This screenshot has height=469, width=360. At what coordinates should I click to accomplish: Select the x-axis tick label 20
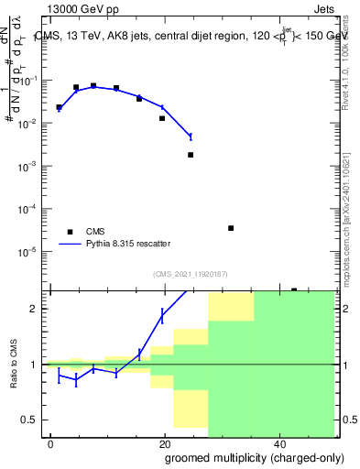click(x=164, y=444)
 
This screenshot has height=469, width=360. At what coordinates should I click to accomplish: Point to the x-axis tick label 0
click(x=51, y=444)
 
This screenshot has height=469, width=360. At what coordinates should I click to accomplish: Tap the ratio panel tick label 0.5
click(x=34, y=420)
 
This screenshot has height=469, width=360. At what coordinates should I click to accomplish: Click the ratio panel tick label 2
click(x=38, y=309)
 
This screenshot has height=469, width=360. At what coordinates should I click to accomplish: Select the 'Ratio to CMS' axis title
click(x=13, y=365)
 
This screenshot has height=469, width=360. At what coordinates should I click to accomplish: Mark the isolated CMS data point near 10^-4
click(x=231, y=228)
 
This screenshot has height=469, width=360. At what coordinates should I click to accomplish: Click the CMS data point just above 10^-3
click(x=191, y=155)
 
